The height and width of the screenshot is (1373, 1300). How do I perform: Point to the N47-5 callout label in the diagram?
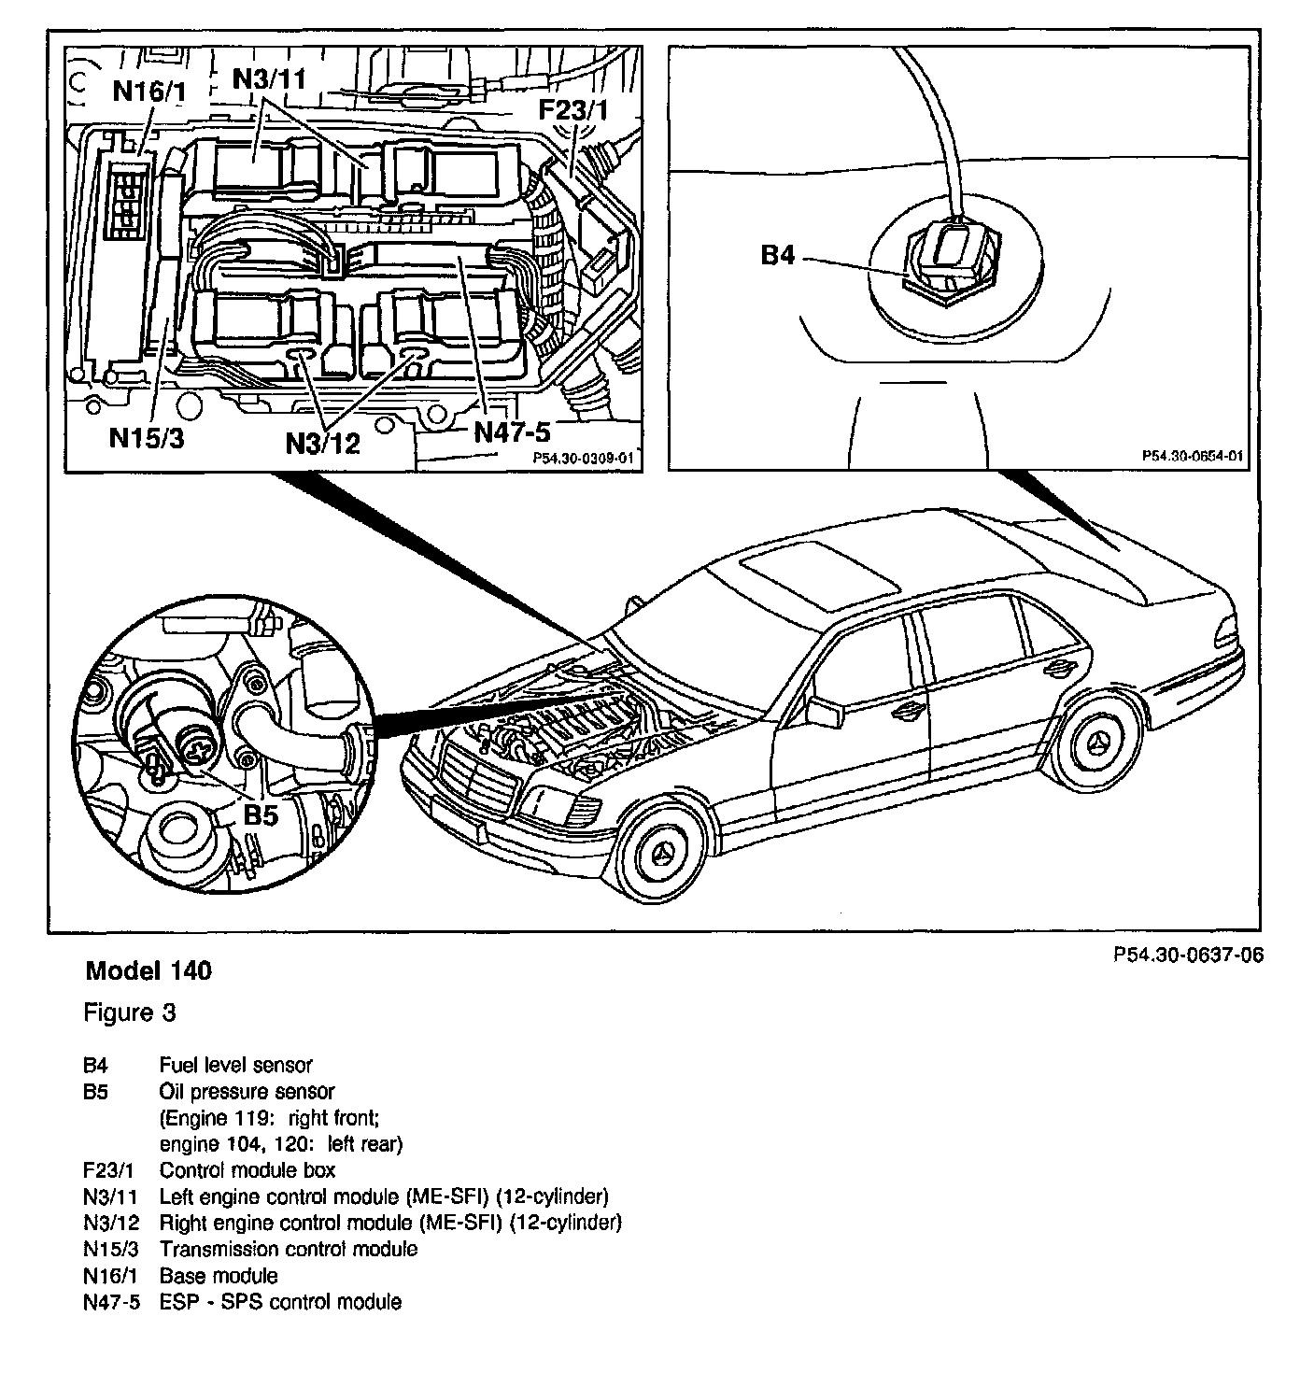point(513,432)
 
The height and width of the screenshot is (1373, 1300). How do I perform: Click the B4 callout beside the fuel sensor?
point(777,254)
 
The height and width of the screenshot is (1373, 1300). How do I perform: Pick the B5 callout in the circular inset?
point(261,814)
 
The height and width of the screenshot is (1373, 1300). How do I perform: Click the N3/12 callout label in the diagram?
point(323,442)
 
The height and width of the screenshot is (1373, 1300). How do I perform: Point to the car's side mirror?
point(822,712)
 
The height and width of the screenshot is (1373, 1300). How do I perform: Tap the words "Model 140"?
point(148,971)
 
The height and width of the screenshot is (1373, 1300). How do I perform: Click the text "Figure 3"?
point(130,1012)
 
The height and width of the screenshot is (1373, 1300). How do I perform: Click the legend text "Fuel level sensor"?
point(235,1065)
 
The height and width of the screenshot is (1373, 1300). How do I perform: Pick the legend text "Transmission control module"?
point(289,1249)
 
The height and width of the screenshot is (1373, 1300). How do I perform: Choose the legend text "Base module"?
point(219,1275)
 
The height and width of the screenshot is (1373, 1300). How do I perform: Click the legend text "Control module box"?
point(247,1170)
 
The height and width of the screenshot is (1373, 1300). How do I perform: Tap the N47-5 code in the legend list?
point(111,1302)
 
